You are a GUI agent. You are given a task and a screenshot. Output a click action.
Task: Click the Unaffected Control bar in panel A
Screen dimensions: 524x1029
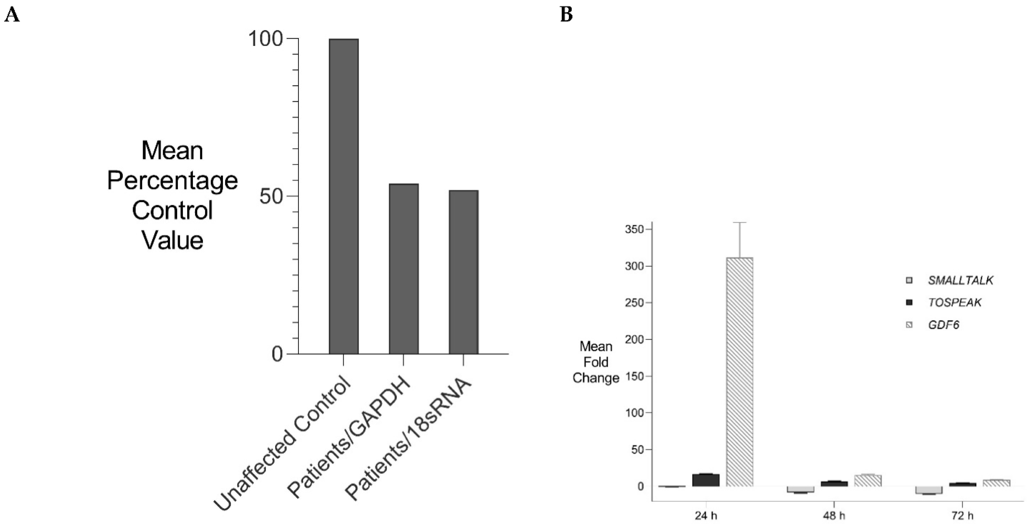click(x=343, y=196)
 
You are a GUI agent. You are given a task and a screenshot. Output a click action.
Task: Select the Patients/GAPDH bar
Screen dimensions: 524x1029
click(x=403, y=269)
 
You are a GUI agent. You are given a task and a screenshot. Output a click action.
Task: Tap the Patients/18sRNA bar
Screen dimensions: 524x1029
click(x=463, y=272)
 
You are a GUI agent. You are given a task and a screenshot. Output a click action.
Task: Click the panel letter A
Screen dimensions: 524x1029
click(x=12, y=15)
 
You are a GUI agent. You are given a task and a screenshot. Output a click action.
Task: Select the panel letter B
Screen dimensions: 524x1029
click(x=567, y=15)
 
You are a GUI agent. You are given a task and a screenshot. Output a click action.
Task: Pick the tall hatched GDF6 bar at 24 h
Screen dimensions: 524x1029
click(x=739, y=372)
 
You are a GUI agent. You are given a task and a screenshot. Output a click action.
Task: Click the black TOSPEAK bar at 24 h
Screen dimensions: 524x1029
click(x=706, y=480)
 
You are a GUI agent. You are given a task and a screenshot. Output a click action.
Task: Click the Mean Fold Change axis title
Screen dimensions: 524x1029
click(x=596, y=362)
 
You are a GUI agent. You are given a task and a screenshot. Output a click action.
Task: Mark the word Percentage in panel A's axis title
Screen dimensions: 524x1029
click(x=172, y=181)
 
